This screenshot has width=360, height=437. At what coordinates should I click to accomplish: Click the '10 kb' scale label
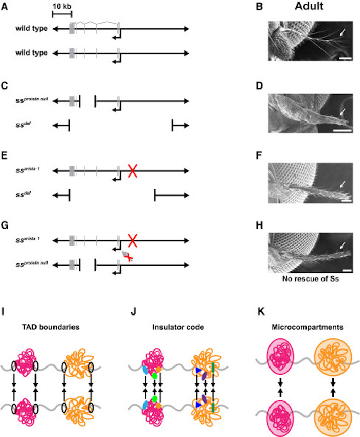62,6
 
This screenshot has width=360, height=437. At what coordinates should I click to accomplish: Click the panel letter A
5,7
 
